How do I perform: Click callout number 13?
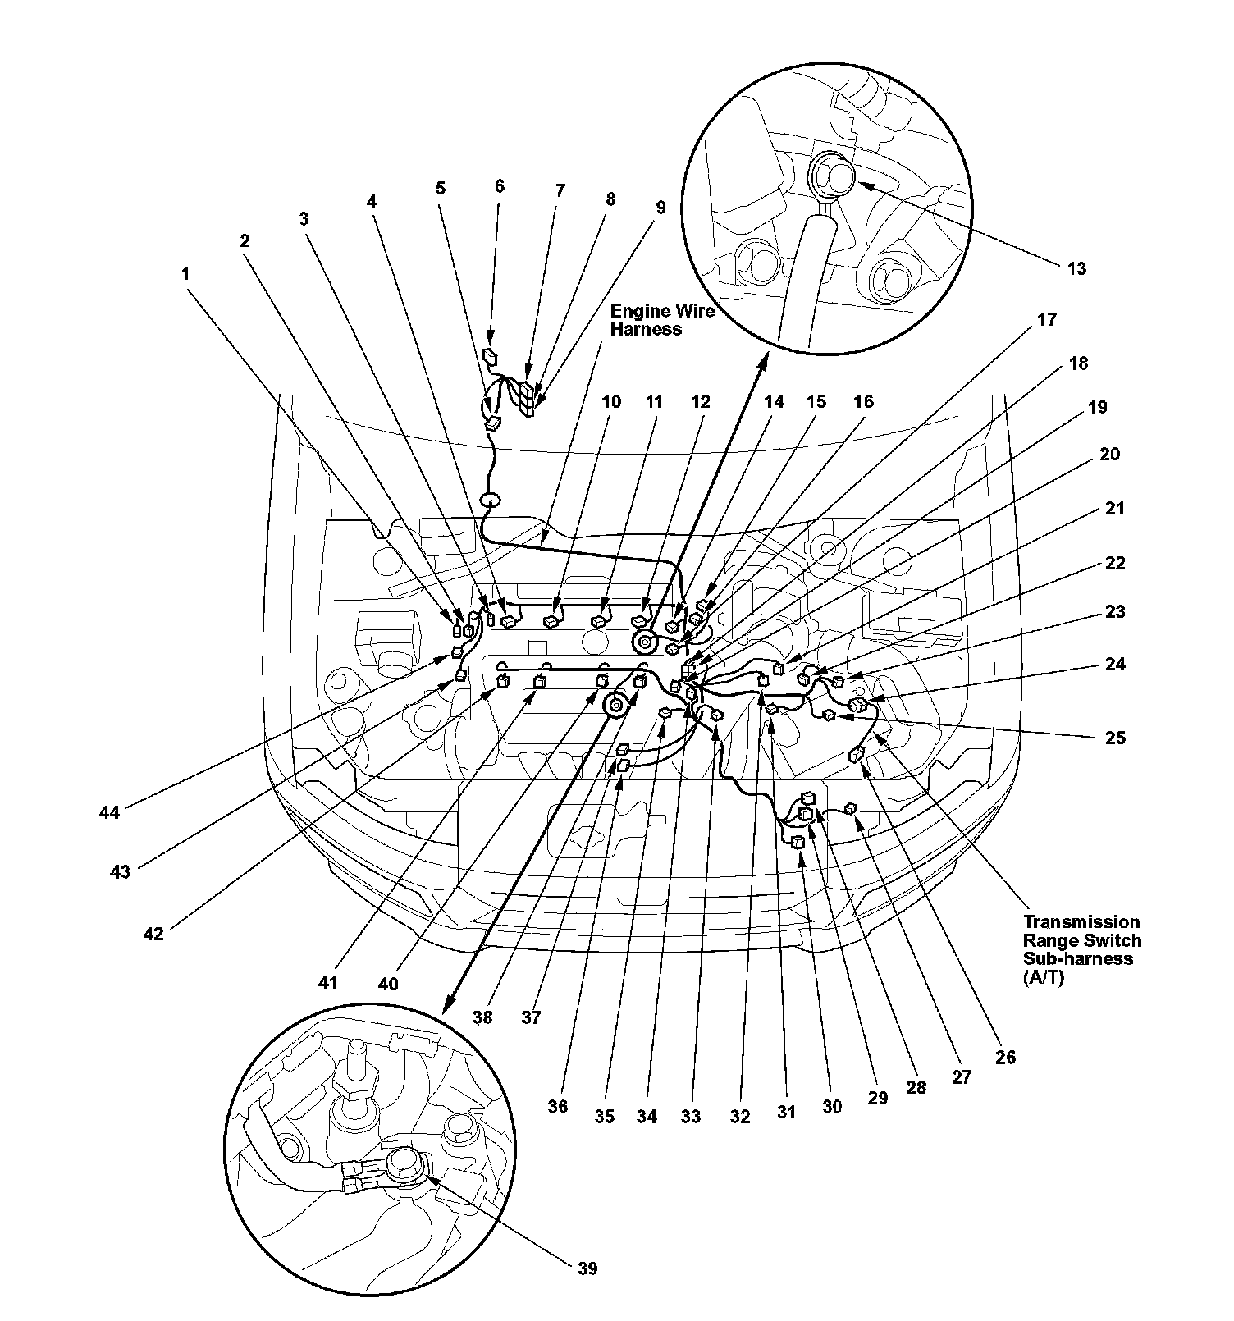point(1076,268)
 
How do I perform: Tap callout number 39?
point(587,1268)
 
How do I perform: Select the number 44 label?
point(109,812)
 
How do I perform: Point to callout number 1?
point(185,273)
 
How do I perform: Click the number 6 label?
point(499,186)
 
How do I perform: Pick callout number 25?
point(1115,738)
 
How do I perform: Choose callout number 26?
point(1005,1058)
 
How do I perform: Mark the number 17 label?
point(1047,319)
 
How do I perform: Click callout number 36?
point(557,1107)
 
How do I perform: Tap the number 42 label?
point(153,933)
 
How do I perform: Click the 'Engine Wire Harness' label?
point(662,320)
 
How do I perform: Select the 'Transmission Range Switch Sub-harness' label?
point(1081,949)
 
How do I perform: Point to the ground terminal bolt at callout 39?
point(404,1164)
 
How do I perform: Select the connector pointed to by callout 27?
point(851,809)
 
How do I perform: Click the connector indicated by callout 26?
point(857,755)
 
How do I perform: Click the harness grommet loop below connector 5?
point(490,501)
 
